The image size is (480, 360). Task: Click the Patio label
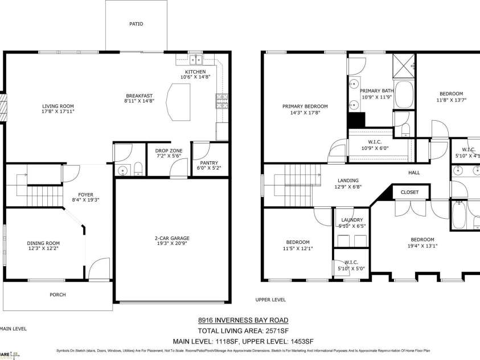tap(136, 24)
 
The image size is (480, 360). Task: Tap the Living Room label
tap(58, 106)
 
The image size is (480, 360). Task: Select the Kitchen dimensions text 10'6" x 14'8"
tap(195, 77)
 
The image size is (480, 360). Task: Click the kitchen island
tap(181, 102)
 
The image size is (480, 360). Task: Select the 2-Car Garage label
tap(171, 238)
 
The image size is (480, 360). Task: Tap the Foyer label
tap(85, 195)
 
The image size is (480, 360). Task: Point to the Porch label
tap(58, 294)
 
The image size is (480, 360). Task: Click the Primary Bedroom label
tap(305, 107)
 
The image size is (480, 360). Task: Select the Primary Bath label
tap(376, 91)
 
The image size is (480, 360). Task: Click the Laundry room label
tap(352, 220)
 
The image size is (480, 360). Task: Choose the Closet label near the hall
tap(409, 193)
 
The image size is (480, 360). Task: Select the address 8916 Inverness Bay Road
tap(243, 320)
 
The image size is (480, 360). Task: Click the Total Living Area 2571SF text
tap(243, 330)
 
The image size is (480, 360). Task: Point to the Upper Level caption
tap(270, 300)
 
